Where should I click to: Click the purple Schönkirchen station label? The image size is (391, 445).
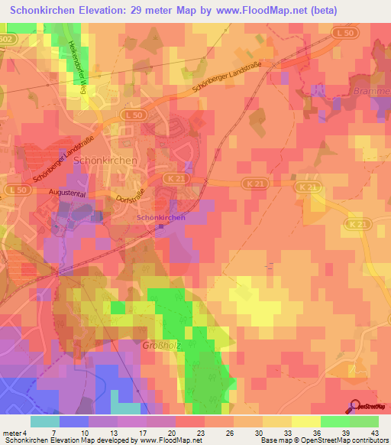coord(161,217)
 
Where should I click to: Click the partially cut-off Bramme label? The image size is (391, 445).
coord(372,92)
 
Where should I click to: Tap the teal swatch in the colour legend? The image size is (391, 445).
coord(44,421)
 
